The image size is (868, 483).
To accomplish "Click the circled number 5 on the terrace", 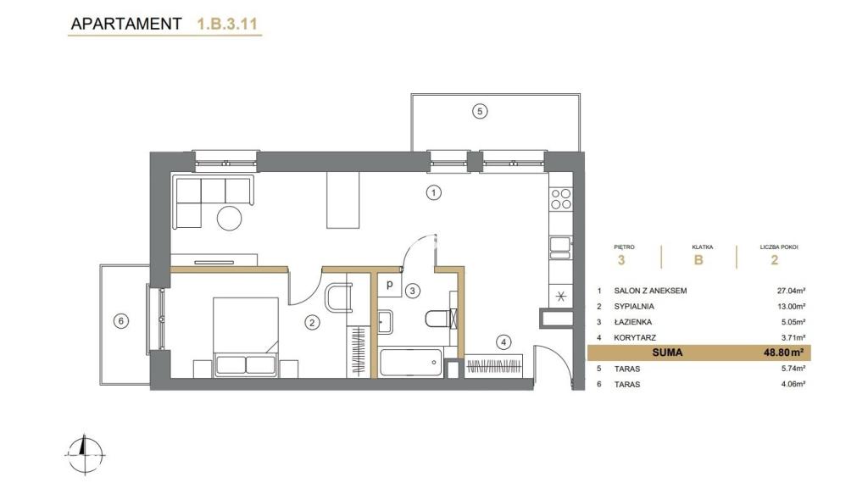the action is tap(480, 111).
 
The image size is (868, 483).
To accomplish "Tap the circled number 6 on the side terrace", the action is tap(120, 321).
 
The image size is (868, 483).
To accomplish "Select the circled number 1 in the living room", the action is tap(433, 192).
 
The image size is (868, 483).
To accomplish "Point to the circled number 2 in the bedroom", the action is tap(312, 323).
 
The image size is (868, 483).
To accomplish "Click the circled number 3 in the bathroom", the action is tap(413, 291).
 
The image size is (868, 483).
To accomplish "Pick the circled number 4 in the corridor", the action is tap(504, 342).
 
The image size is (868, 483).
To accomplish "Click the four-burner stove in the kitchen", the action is tap(561, 199).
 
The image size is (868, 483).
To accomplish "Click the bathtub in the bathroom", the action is tap(411, 363).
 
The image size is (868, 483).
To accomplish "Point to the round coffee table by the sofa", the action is tap(229, 218).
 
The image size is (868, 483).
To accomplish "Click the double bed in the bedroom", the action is tap(245, 337).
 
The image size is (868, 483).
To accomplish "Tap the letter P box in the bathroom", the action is tap(390, 286).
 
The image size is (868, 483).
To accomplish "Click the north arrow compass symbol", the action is tap(84, 454).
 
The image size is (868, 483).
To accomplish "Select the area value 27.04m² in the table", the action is tap(791, 291).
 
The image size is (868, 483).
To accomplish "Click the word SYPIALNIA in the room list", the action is tap(634, 306).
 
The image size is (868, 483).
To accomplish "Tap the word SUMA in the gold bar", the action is tap(667, 353).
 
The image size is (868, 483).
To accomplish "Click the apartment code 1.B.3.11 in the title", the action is tap(227, 24).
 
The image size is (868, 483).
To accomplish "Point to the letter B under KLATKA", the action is tap(698, 259).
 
